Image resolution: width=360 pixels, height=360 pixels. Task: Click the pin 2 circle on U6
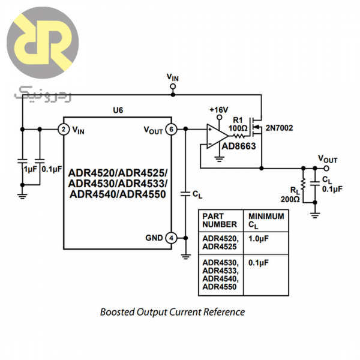62,129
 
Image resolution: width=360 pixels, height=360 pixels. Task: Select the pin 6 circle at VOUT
171,129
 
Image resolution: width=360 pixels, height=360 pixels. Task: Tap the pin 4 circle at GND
171,238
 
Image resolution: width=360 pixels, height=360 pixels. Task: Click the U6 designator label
118,111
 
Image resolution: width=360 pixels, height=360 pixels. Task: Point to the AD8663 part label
239,146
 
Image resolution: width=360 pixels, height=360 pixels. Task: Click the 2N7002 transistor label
280,127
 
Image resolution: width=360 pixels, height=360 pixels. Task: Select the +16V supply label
219,110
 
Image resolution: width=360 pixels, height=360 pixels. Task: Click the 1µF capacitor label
29,170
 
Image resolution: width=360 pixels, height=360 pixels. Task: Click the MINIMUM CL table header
266,220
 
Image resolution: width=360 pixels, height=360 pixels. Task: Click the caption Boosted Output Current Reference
172,312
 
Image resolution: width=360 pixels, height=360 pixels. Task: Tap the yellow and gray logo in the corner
43,44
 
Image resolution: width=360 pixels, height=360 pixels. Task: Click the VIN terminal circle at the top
173,87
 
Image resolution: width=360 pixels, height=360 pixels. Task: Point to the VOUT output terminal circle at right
326,169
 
